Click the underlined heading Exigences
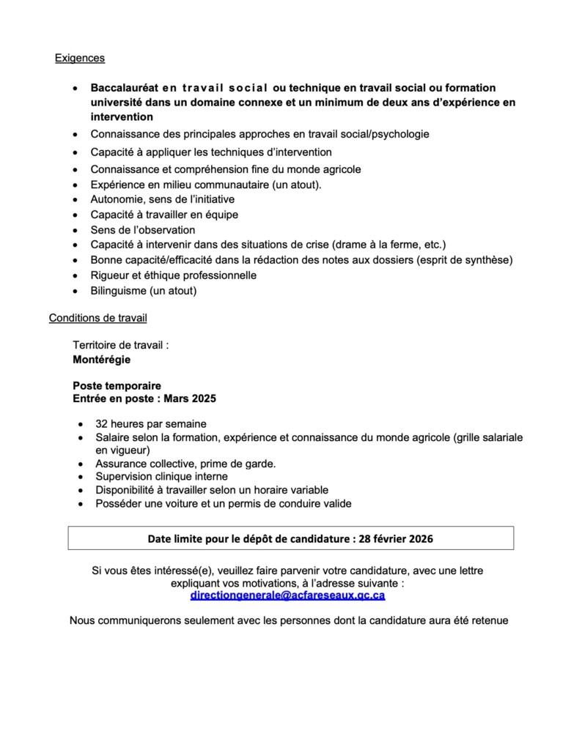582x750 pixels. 80,58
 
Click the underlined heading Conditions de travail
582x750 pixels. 97,318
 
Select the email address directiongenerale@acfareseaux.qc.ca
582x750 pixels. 287,596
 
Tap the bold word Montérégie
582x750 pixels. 102,360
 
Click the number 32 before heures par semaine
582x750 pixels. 102,424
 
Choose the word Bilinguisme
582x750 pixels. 119,291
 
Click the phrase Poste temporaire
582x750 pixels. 117,386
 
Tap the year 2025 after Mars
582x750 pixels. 202,398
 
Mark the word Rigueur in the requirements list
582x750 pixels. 111,275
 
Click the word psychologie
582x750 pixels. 399,134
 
